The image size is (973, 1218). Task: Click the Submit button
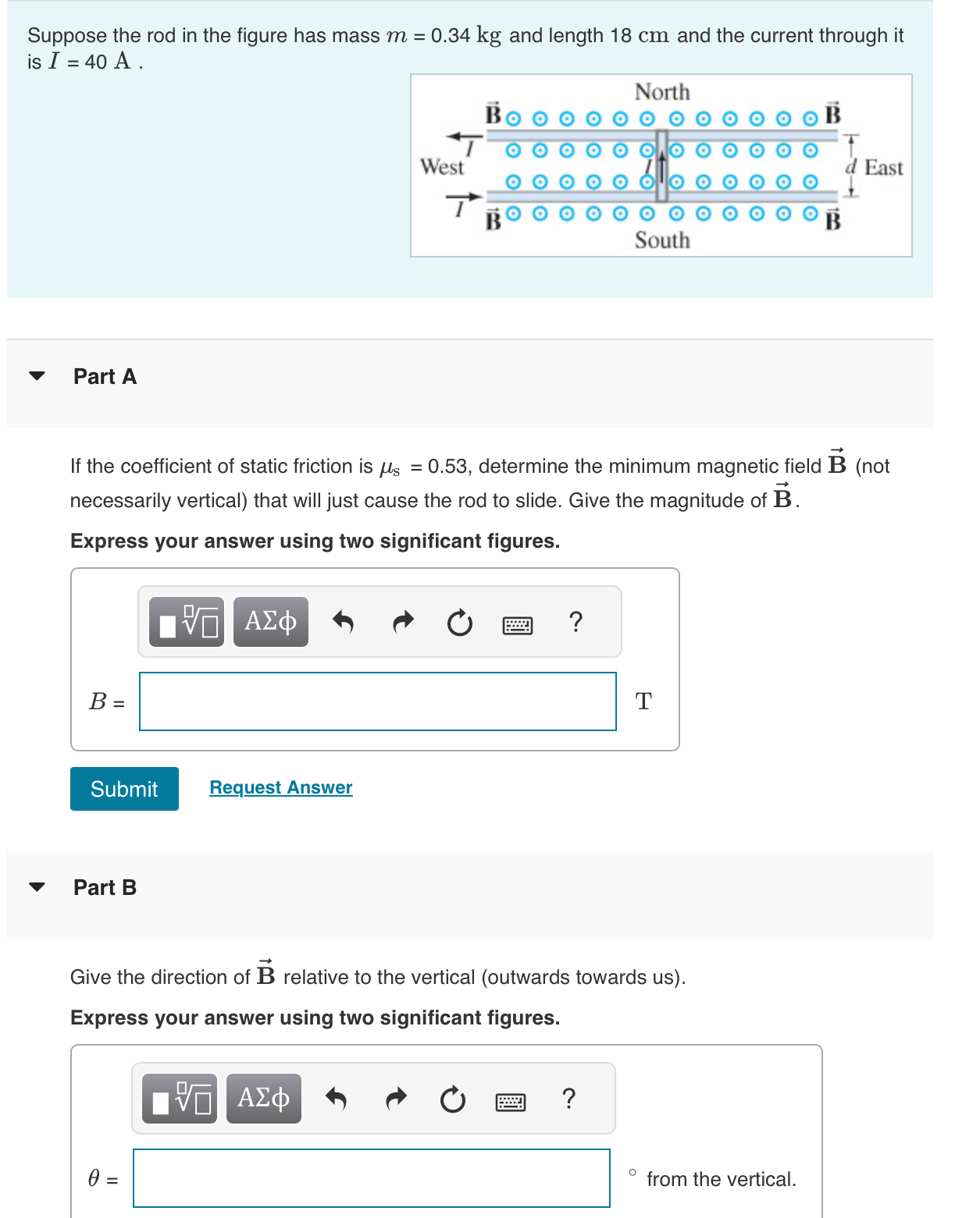(124, 789)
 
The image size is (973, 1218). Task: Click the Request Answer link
(281, 787)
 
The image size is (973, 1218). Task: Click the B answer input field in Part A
(377, 701)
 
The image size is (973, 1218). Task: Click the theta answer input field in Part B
(371, 1178)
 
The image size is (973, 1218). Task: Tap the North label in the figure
(661, 92)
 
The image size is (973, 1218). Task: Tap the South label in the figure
(661, 240)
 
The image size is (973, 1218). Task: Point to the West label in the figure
(441, 167)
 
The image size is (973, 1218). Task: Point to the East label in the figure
(883, 168)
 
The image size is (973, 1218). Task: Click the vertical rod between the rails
(661, 165)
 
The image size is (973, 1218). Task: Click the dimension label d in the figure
(851, 167)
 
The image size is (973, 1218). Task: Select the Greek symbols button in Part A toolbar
(270, 622)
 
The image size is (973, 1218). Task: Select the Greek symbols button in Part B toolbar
(263, 1099)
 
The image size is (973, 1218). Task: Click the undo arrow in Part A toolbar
(343, 622)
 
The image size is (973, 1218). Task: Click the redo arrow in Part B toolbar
(397, 1099)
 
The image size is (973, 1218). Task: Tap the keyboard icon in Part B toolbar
(511, 1102)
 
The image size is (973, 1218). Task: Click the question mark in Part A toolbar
(576, 622)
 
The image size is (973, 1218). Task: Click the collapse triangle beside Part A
(37, 376)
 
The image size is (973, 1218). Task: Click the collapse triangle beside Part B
(37, 887)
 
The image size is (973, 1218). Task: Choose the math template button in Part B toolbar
(180, 1099)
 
